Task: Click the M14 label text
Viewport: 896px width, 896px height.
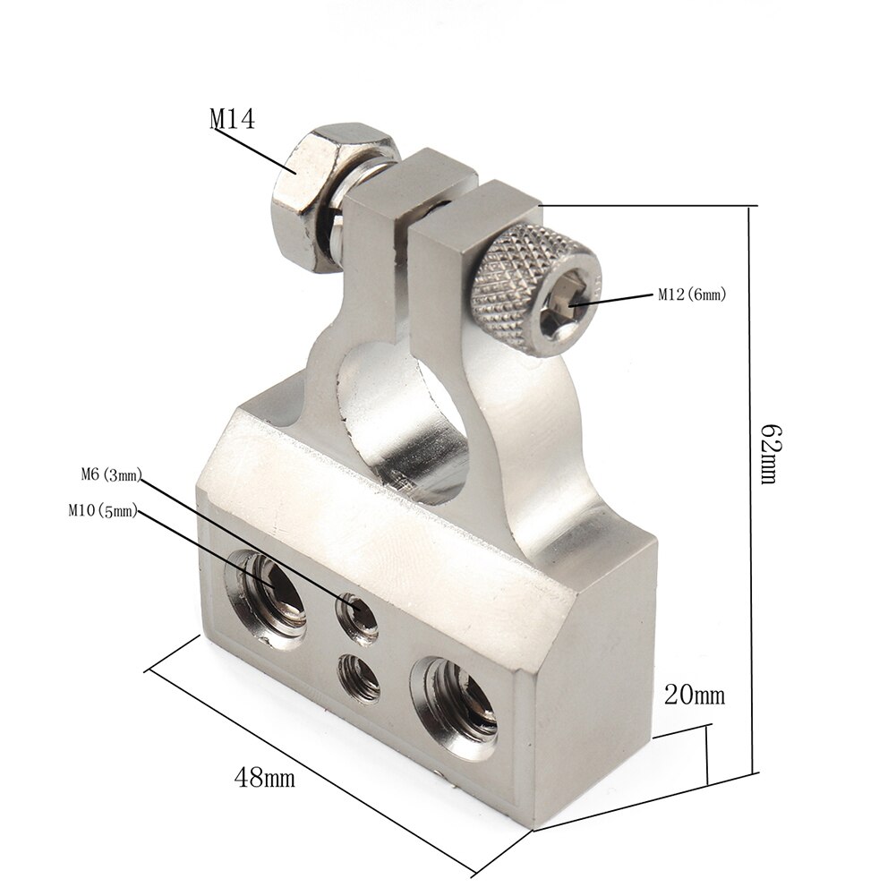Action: [x=232, y=119]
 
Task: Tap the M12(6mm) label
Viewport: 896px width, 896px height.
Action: [x=690, y=294]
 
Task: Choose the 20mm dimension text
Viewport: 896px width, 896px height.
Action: [x=694, y=695]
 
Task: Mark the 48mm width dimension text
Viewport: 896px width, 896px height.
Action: [x=264, y=776]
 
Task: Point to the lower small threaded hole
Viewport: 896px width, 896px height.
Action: [x=359, y=677]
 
